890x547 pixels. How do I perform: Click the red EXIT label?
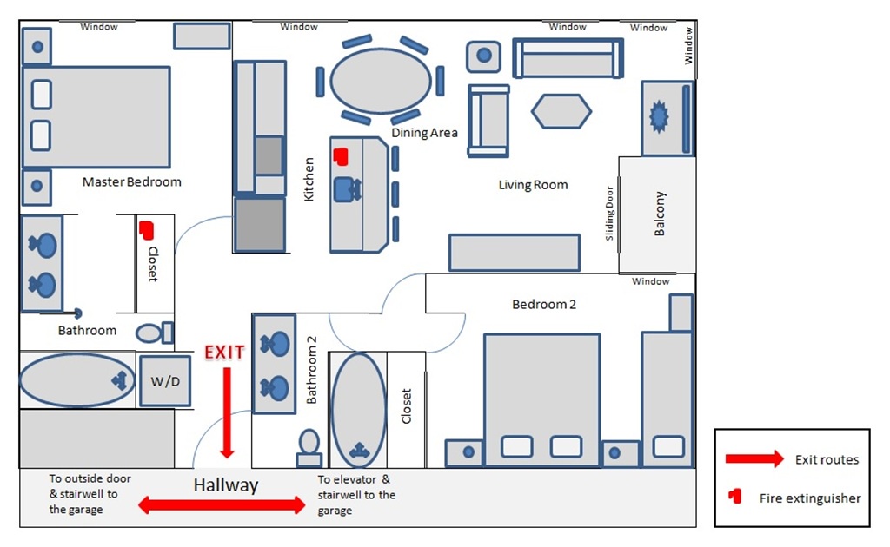pyautogui.click(x=224, y=353)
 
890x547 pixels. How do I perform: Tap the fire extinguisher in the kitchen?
pyautogui.click(x=340, y=156)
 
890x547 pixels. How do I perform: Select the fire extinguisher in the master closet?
pyautogui.click(x=146, y=230)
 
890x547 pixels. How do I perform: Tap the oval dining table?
pyautogui.click(x=381, y=81)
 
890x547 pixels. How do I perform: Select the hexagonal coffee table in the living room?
pyautogui.click(x=561, y=111)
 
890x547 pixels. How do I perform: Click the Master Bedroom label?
pyautogui.click(x=131, y=182)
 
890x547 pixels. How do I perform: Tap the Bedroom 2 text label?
pyautogui.click(x=544, y=305)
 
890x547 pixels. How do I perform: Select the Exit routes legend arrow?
pyautogui.click(x=754, y=459)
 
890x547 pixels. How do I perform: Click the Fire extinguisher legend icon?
pyautogui.click(x=735, y=497)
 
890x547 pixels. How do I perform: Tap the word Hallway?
pyautogui.click(x=226, y=485)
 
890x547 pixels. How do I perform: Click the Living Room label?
pyautogui.click(x=533, y=185)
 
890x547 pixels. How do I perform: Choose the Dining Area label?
pyautogui.click(x=424, y=133)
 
